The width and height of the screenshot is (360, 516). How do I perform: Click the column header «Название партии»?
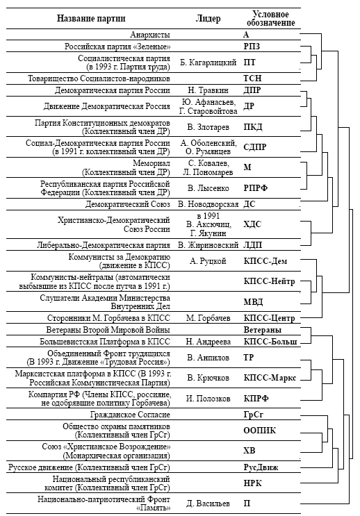91,18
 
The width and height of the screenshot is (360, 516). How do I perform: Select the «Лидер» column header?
208,19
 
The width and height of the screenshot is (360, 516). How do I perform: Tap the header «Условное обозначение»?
271,19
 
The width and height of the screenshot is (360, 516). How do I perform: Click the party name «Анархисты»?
150,35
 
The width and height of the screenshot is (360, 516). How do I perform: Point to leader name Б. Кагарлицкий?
208,63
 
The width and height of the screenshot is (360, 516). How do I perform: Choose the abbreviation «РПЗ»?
252,46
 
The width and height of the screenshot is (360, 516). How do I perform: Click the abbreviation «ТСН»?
252,78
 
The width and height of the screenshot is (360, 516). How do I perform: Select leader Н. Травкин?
208,90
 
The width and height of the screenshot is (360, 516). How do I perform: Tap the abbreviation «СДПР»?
255,147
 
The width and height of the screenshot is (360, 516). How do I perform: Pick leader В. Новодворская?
208,204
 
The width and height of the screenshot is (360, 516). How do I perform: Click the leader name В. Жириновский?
208,245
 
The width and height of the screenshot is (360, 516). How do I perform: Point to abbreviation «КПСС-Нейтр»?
269,281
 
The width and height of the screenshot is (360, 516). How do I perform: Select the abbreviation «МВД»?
253,302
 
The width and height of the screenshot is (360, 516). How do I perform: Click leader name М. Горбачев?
208,318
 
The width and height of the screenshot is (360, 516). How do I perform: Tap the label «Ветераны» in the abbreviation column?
263,330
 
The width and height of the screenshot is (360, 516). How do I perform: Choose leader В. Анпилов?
208,358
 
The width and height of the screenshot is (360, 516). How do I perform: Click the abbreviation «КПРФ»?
256,399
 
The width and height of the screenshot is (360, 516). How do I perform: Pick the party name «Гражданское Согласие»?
130,415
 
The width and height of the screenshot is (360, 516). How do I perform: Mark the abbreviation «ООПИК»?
259,431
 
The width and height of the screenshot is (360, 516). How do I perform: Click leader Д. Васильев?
208,503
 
